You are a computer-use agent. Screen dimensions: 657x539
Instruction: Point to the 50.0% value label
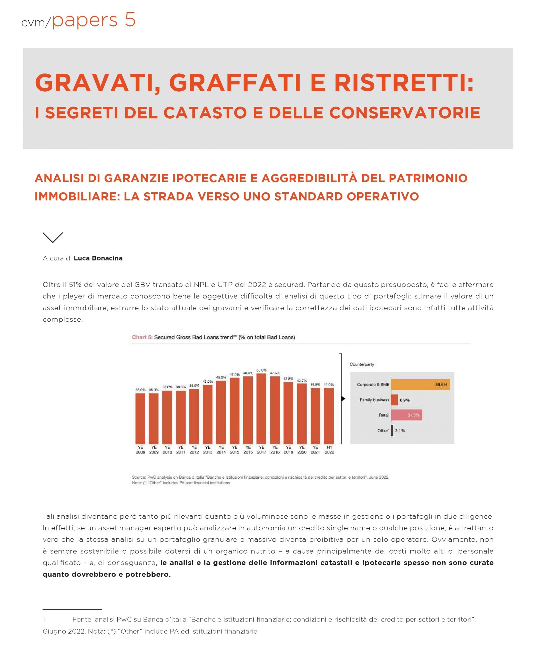[261, 370]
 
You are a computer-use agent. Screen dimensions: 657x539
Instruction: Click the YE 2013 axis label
[208, 450]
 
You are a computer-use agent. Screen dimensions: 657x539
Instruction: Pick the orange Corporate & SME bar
[420, 385]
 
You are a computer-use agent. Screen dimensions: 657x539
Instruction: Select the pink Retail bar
[406, 415]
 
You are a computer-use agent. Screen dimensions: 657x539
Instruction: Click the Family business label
[374, 400]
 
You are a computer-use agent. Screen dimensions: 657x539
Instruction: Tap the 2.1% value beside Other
[400, 431]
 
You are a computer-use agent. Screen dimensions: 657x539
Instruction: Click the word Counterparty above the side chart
[362, 364]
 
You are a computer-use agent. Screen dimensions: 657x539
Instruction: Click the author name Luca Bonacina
[98, 258]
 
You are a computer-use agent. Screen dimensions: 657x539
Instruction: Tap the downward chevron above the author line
[53, 237]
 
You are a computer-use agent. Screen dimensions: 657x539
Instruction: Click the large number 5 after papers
[130, 20]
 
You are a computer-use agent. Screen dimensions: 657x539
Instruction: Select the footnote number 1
[44, 619]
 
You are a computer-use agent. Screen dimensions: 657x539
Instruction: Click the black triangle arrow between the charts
[343, 399]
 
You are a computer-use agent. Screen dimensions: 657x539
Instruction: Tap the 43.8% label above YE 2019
[288, 379]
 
